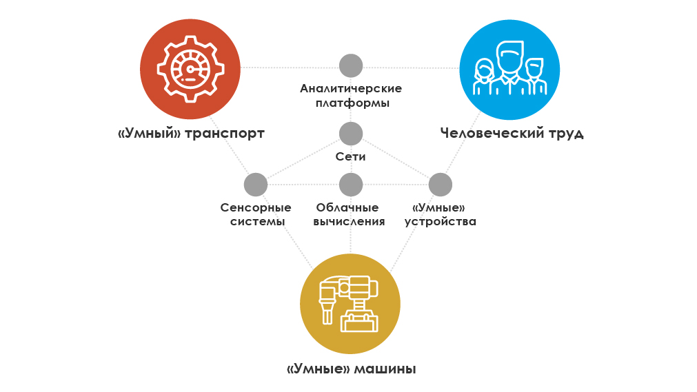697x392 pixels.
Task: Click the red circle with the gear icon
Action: tap(190, 69)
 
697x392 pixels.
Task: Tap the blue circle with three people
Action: tap(509, 70)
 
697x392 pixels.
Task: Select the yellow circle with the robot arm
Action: tap(350, 304)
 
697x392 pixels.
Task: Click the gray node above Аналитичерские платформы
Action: tap(351, 65)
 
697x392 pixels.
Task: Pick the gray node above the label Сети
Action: tap(351, 134)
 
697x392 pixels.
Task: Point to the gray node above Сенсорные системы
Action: tap(256, 185)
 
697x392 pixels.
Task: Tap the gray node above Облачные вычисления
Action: tap(351, 185)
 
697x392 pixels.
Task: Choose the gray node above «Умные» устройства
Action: tap(440, 185)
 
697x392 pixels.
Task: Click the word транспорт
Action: tap(225, 134)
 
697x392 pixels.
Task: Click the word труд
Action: tap(566, 134)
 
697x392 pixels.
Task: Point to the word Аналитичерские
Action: tap(351, 88)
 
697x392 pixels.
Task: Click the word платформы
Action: tap(352, 103)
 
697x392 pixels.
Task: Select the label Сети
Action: tap(350, 156)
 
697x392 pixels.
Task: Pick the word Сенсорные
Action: tap(256, 207)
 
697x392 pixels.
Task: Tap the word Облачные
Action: tap(347, 207)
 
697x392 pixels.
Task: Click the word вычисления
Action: tap(349, 221)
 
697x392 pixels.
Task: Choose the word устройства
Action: tap(440, 221)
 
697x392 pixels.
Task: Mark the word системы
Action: tap(257, 221)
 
